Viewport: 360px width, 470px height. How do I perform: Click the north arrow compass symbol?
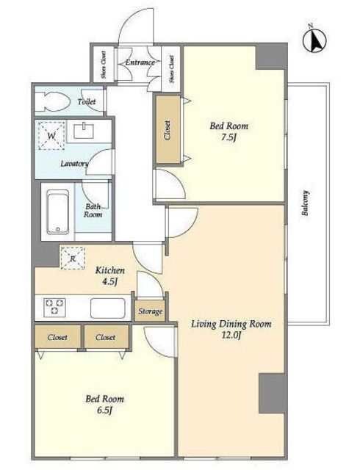coord(314,40)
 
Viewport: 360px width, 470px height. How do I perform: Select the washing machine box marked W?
coord(51,135)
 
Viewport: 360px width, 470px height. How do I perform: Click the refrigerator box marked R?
coord(73,258)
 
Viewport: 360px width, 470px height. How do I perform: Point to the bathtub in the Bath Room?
coord(58,211)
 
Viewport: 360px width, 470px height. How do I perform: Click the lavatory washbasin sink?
coord(84,131)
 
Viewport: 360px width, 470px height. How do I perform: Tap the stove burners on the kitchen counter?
coord(54,306)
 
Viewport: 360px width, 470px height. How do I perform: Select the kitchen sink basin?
coord(108,308)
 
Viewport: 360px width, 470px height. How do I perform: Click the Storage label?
coord(151,311)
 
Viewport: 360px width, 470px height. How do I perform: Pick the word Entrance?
coord(140,62)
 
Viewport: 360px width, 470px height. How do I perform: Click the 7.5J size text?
coord(229,137)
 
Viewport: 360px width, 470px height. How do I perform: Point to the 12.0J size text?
coord(231,336)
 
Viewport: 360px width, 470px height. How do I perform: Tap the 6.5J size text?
coord(104,411)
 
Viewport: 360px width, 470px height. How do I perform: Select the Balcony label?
coord(305,203)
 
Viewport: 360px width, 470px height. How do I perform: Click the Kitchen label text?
coord(109,270)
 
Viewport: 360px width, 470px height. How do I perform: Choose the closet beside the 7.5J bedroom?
coord(168,130)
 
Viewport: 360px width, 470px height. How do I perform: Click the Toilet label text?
coord(87,101)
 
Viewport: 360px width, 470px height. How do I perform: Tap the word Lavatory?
coord(74,164)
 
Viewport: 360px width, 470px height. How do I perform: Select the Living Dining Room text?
coord(231,324)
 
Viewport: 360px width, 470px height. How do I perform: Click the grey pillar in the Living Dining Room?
coord(272,393)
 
